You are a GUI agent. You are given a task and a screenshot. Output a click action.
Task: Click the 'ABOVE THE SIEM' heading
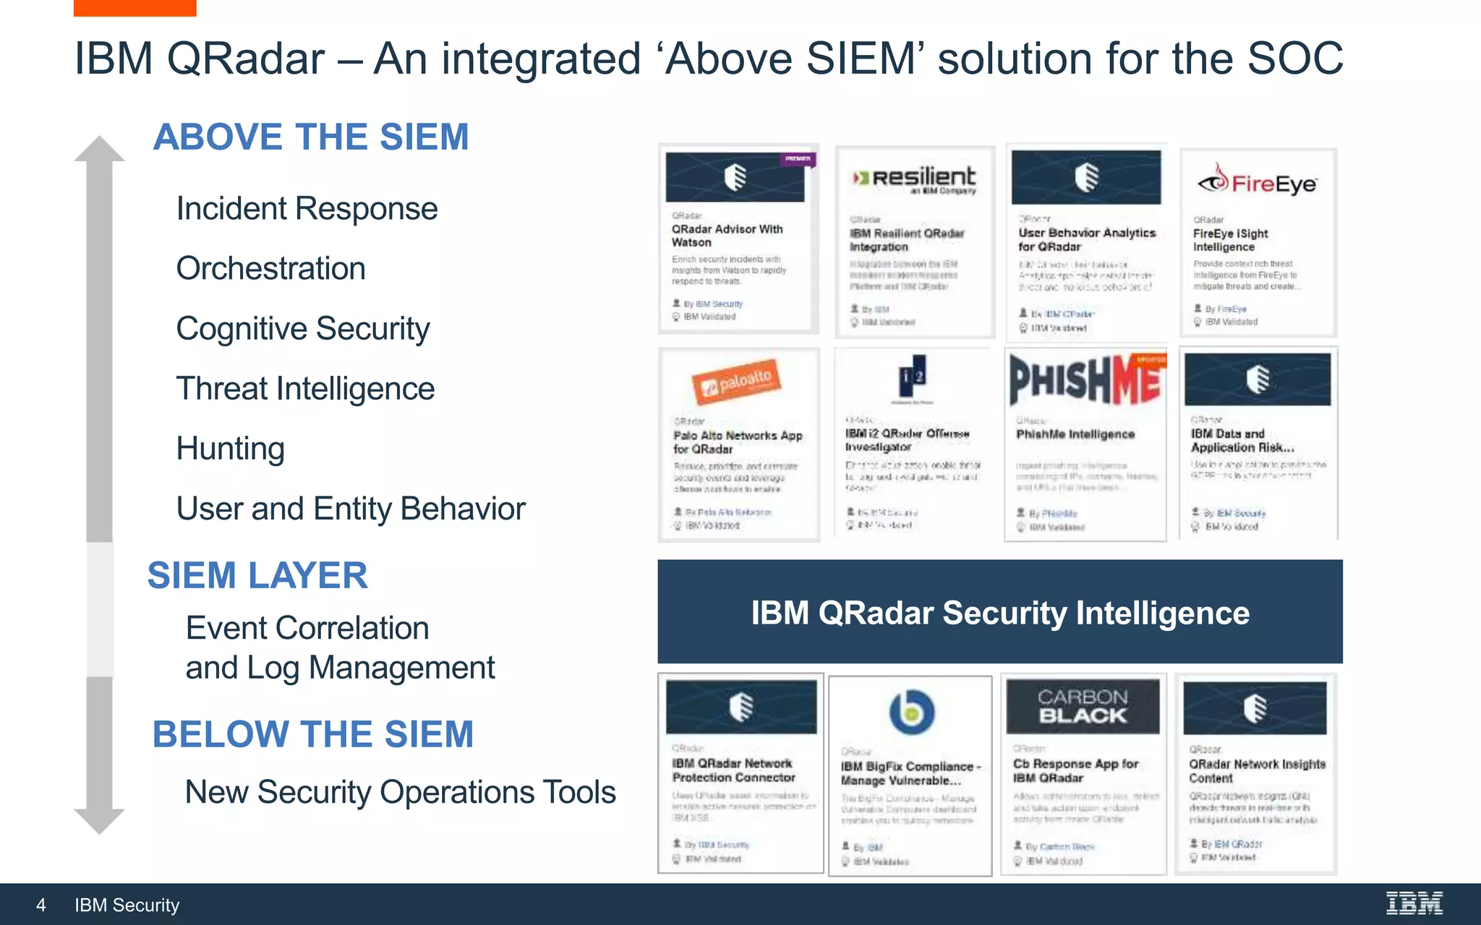311,137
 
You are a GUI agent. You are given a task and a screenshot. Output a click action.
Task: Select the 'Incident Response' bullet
307,209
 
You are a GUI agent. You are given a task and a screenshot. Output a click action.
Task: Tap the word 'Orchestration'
270,269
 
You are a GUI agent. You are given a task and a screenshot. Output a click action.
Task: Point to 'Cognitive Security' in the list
303,329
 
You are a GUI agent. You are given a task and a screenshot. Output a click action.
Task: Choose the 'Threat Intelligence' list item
305,389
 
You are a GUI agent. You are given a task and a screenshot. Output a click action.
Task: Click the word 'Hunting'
230,449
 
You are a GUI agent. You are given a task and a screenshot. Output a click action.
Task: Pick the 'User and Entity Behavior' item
351,509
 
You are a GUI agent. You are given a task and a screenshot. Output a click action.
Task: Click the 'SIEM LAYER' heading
257,576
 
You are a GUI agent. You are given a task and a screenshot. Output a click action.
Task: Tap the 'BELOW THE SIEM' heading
312,734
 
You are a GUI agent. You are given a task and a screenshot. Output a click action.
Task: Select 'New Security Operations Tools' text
400,792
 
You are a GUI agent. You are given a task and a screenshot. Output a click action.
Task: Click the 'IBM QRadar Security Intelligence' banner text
999,613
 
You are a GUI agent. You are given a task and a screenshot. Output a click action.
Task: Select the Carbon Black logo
1083,706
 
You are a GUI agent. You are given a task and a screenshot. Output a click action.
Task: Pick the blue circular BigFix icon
911,713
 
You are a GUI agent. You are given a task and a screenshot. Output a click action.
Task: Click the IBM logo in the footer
1414,903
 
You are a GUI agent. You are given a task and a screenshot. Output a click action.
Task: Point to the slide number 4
41,905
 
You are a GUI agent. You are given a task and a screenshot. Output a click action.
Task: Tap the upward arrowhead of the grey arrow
99,149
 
